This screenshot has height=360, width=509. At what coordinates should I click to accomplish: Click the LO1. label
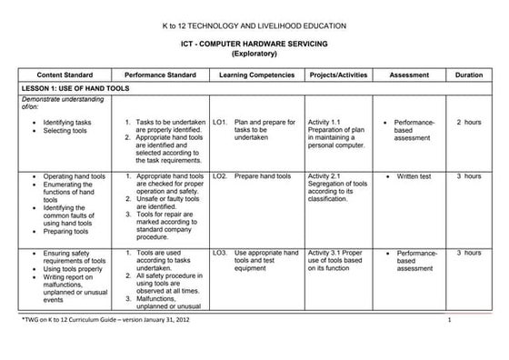click(219, 121)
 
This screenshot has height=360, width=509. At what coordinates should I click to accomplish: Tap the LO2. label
click(219, 175)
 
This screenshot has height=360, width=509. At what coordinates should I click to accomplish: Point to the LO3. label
click(219, 252)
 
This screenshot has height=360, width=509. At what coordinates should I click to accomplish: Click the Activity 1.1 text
click(324, 121)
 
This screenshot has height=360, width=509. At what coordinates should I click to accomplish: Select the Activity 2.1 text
click(324, 175)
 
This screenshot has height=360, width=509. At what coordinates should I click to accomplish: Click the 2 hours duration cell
click(468, 121)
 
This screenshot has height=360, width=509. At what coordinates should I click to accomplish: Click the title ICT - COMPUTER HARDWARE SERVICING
click(254, 43)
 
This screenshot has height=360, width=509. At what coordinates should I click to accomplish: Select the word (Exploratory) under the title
click(254, 54)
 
